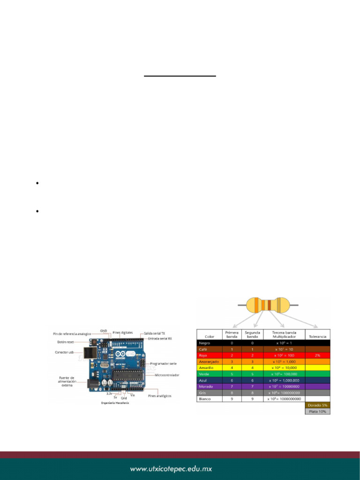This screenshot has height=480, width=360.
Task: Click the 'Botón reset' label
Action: click(66, 342)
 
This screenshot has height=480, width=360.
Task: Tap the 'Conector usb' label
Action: click(65, 352)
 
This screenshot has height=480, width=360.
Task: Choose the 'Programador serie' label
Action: click(163, 363)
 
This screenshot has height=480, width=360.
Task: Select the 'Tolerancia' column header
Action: click(318, 336)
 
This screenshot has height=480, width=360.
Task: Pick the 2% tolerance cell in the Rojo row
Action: click(318, 356)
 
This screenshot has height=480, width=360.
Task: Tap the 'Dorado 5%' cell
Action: click(317, 405)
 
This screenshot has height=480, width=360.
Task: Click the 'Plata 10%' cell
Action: click(317, 412)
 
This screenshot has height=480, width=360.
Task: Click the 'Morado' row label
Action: click(207, 386)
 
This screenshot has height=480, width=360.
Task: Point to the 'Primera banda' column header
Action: click(232, 334)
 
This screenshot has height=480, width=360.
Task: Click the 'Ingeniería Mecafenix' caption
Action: click(115, 403)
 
